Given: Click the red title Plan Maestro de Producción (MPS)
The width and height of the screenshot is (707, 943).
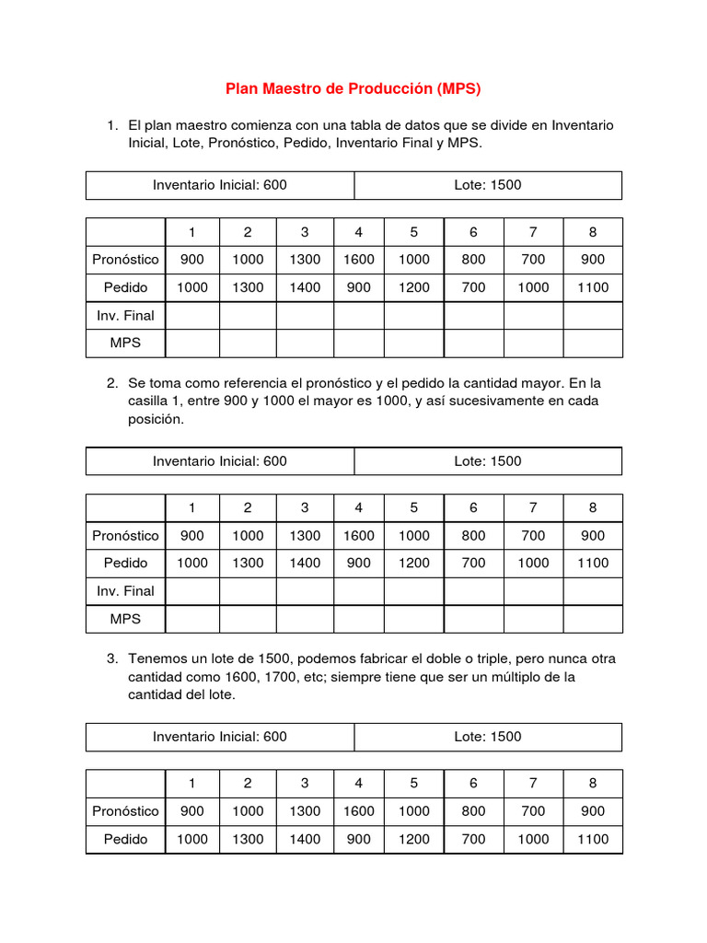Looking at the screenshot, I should (353, 89).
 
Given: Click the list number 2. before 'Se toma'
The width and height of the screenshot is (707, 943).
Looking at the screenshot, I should (112, 382).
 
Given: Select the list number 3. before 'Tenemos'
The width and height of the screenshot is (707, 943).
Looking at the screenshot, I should (112, 658).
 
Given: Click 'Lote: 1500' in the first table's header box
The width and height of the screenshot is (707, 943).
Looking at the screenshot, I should (488, 185).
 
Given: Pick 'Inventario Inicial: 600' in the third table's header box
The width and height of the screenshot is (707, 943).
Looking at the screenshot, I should (220, 737).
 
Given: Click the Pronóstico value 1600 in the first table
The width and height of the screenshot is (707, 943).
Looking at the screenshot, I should (359, 260).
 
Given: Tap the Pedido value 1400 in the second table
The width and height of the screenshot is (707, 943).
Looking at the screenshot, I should (305, 563).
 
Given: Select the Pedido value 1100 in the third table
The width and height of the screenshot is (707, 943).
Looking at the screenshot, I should (593, 839).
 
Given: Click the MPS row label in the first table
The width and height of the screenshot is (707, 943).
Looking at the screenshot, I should (125, 343).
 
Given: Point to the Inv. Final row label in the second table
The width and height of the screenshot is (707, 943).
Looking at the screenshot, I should (125, 590).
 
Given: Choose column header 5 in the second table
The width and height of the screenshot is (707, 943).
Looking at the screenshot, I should (414, 507).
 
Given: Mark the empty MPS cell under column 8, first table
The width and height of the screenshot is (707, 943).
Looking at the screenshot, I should (593, 343).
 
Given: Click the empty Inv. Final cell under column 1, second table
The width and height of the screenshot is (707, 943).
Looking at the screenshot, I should (192, 590).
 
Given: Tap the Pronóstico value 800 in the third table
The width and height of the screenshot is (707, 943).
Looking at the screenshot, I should (473, 811).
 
